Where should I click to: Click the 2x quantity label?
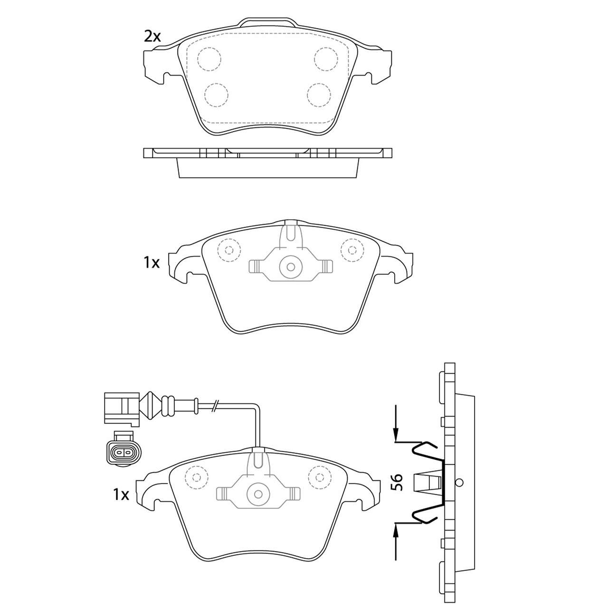(x=152, y=37)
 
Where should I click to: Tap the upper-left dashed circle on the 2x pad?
(x=209, y=59)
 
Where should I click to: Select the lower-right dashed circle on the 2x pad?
(x=319, y=95)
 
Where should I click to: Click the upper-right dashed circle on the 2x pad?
(x=326, y=59)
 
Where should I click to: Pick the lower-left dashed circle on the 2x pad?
(x=216, y=95)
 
